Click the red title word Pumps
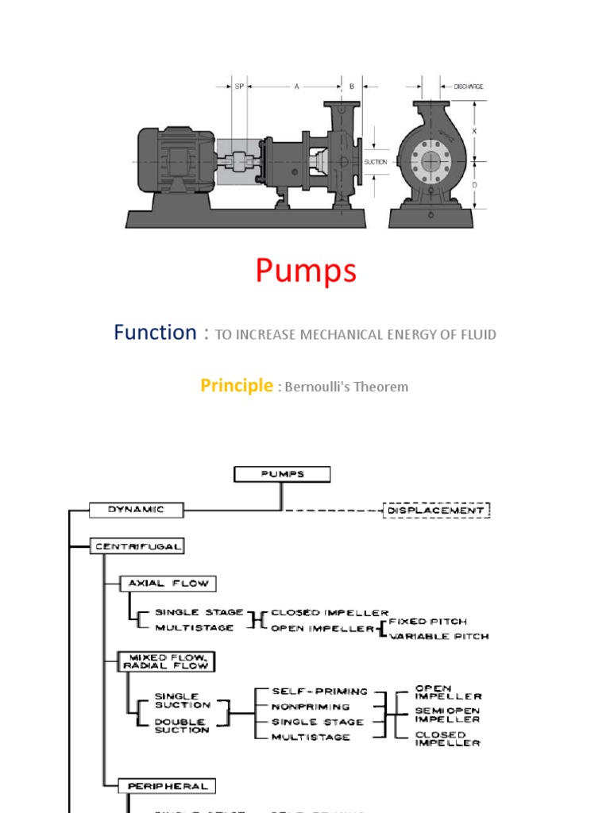[306, 272]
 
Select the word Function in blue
[154, 332]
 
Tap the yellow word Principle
[236, 386]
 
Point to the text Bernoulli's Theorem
[346, 387]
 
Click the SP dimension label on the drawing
[238, 87]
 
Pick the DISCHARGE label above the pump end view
[468, 87]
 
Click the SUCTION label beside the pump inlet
[375, 161]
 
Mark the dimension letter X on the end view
[474, 129]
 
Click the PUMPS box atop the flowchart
[282, 474]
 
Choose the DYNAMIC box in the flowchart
[136, 510]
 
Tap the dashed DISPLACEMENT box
[436, 511]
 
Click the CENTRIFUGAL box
[137, 546]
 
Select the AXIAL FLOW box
[168, 583]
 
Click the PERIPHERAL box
[168, 785]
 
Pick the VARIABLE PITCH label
[438, 636]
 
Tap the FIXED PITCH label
[427, 621]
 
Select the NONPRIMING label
[311, 707]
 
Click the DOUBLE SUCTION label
[182, 726]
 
